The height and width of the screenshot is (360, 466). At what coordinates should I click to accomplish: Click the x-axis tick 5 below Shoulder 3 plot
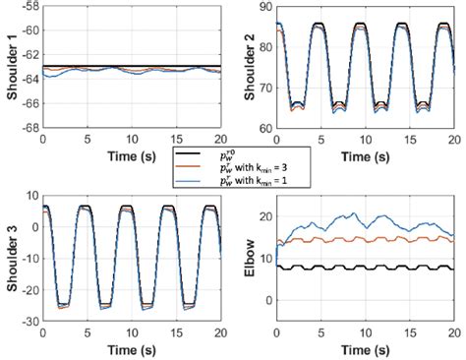[x=87, y=334]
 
